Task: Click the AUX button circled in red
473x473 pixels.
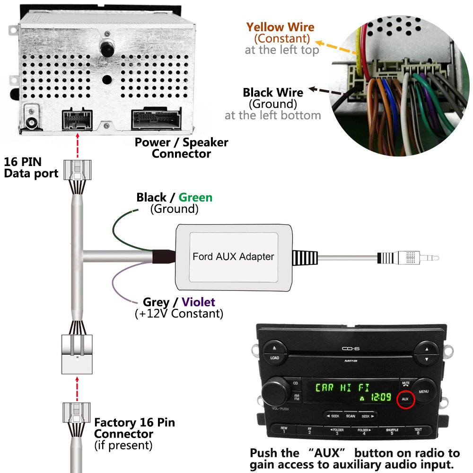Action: pyautogui.click(x=405, y=399)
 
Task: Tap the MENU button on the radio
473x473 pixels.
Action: pyautogui.click(x=423, y=392)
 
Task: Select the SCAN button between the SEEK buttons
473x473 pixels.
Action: pyautogui.click(x=350, y=416)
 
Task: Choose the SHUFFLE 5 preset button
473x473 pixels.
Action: pyautogui.click(x=392, y=431)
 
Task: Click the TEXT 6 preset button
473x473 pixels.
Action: pyautogui.click(x=418, y=431)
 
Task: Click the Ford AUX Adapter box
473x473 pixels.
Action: pyautogui.click(x=233, y=256)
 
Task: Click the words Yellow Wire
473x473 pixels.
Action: pyautogui.click(x=280, y=27)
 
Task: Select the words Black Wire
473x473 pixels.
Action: pyautogui.click(x=273, y=92)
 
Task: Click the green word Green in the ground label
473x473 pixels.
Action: pyautogui.click(x=195, y=197)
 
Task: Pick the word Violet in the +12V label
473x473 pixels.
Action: pyautogui.click(x=198, y=302)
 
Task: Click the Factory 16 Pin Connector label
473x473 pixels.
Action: pyautogui.click(x=134, y=428)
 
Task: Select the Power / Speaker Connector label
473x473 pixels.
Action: pyautogui.click(x=181, y=148)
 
